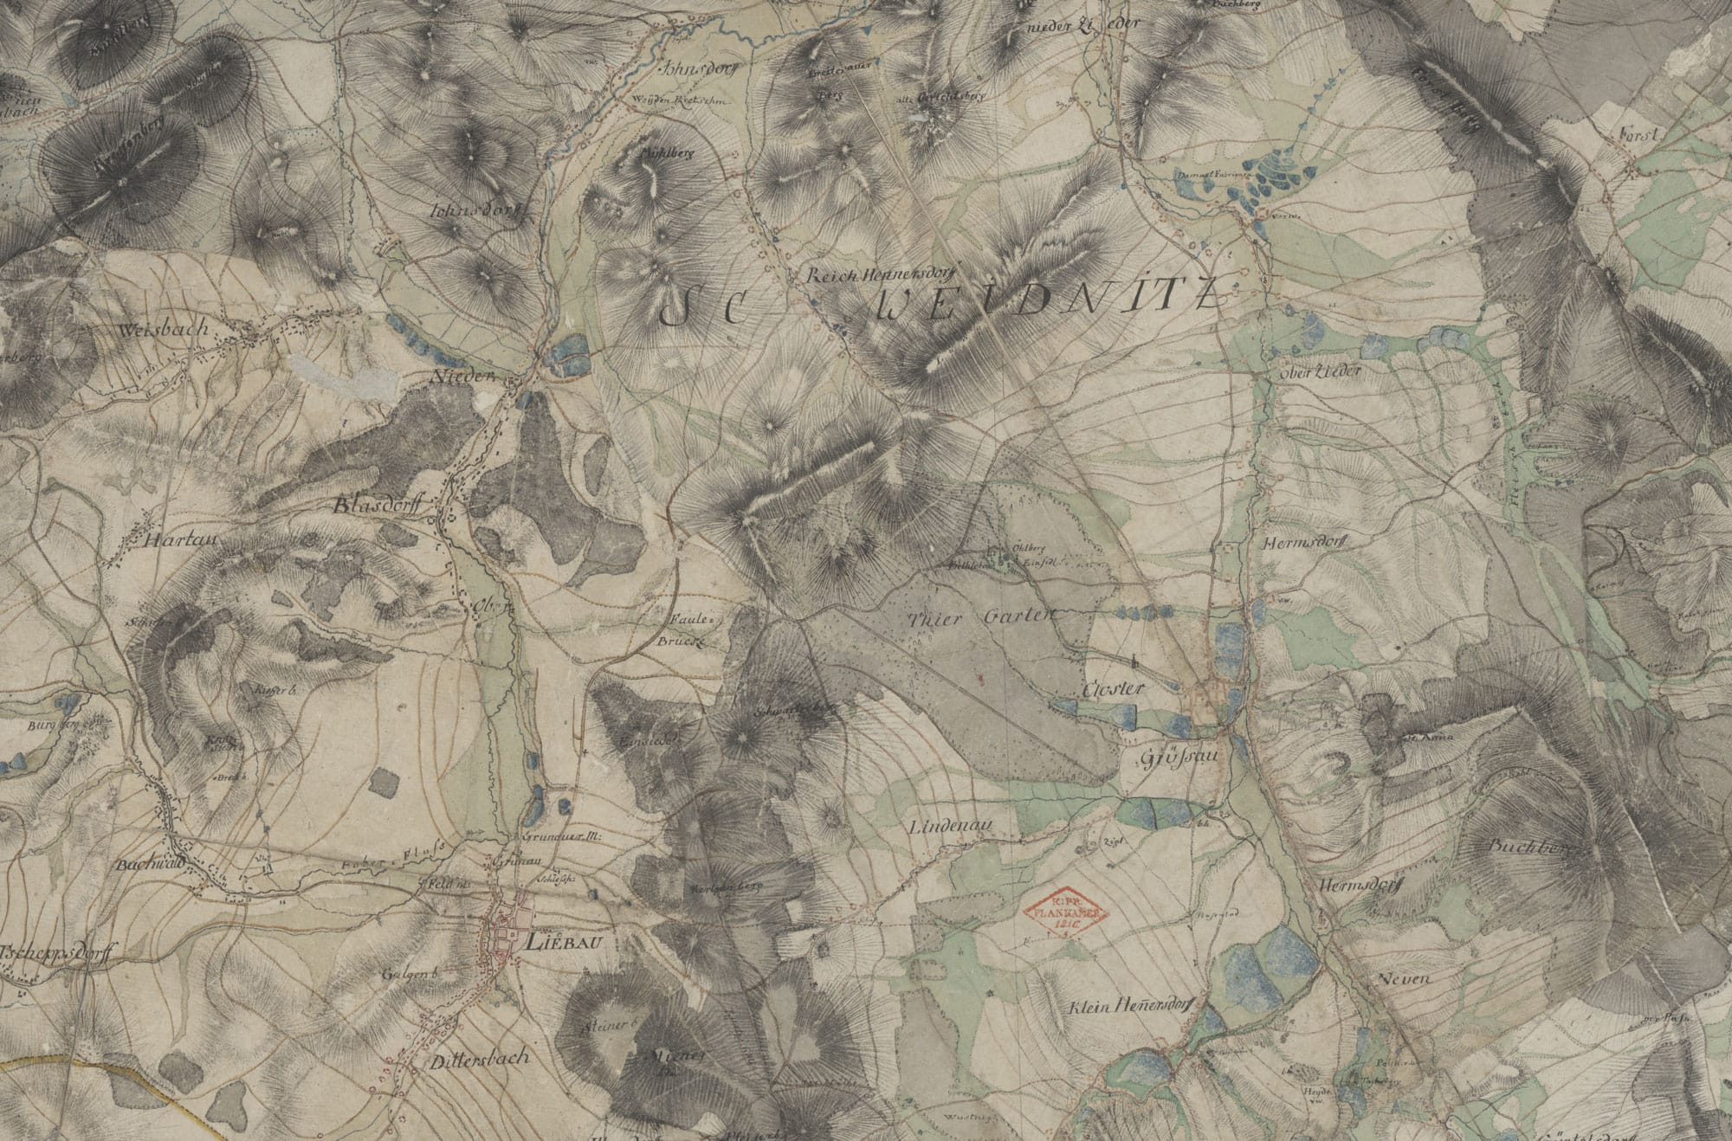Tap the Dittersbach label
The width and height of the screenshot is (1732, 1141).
478,1058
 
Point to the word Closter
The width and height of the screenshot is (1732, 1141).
1114,688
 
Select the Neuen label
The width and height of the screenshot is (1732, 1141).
1400,978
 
